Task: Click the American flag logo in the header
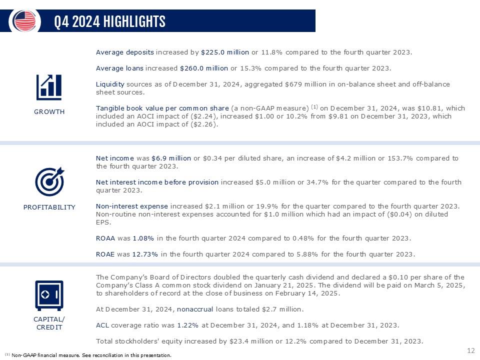[25, 20]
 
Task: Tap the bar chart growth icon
[49, 87]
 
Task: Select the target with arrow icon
[49, 181]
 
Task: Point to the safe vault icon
[49, 295]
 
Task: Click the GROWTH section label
[49, 111]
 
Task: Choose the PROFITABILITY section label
[49, 207]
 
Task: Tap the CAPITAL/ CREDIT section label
[49, 323]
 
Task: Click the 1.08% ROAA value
[143, 238]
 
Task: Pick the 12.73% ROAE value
[145, 254]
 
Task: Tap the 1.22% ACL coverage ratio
[187, 325]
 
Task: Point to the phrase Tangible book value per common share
[162, 108]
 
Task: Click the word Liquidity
[109, 84]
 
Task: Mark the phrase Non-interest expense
[132, 206]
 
